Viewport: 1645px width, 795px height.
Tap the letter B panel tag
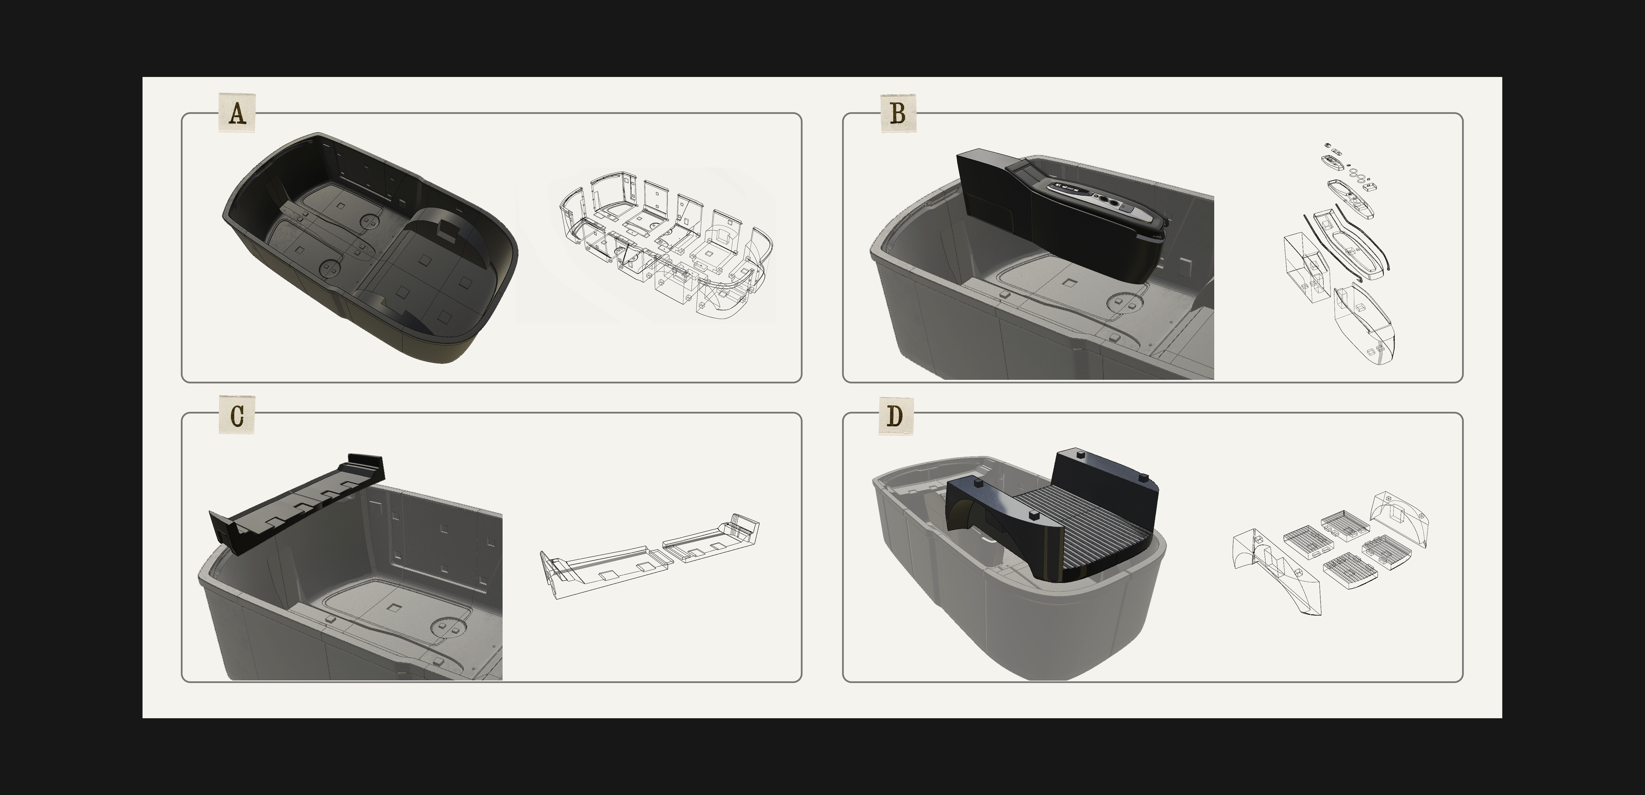point(898,114)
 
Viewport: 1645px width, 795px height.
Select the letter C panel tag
point(237,416)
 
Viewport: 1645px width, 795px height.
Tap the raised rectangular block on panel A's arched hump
point(449,234)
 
